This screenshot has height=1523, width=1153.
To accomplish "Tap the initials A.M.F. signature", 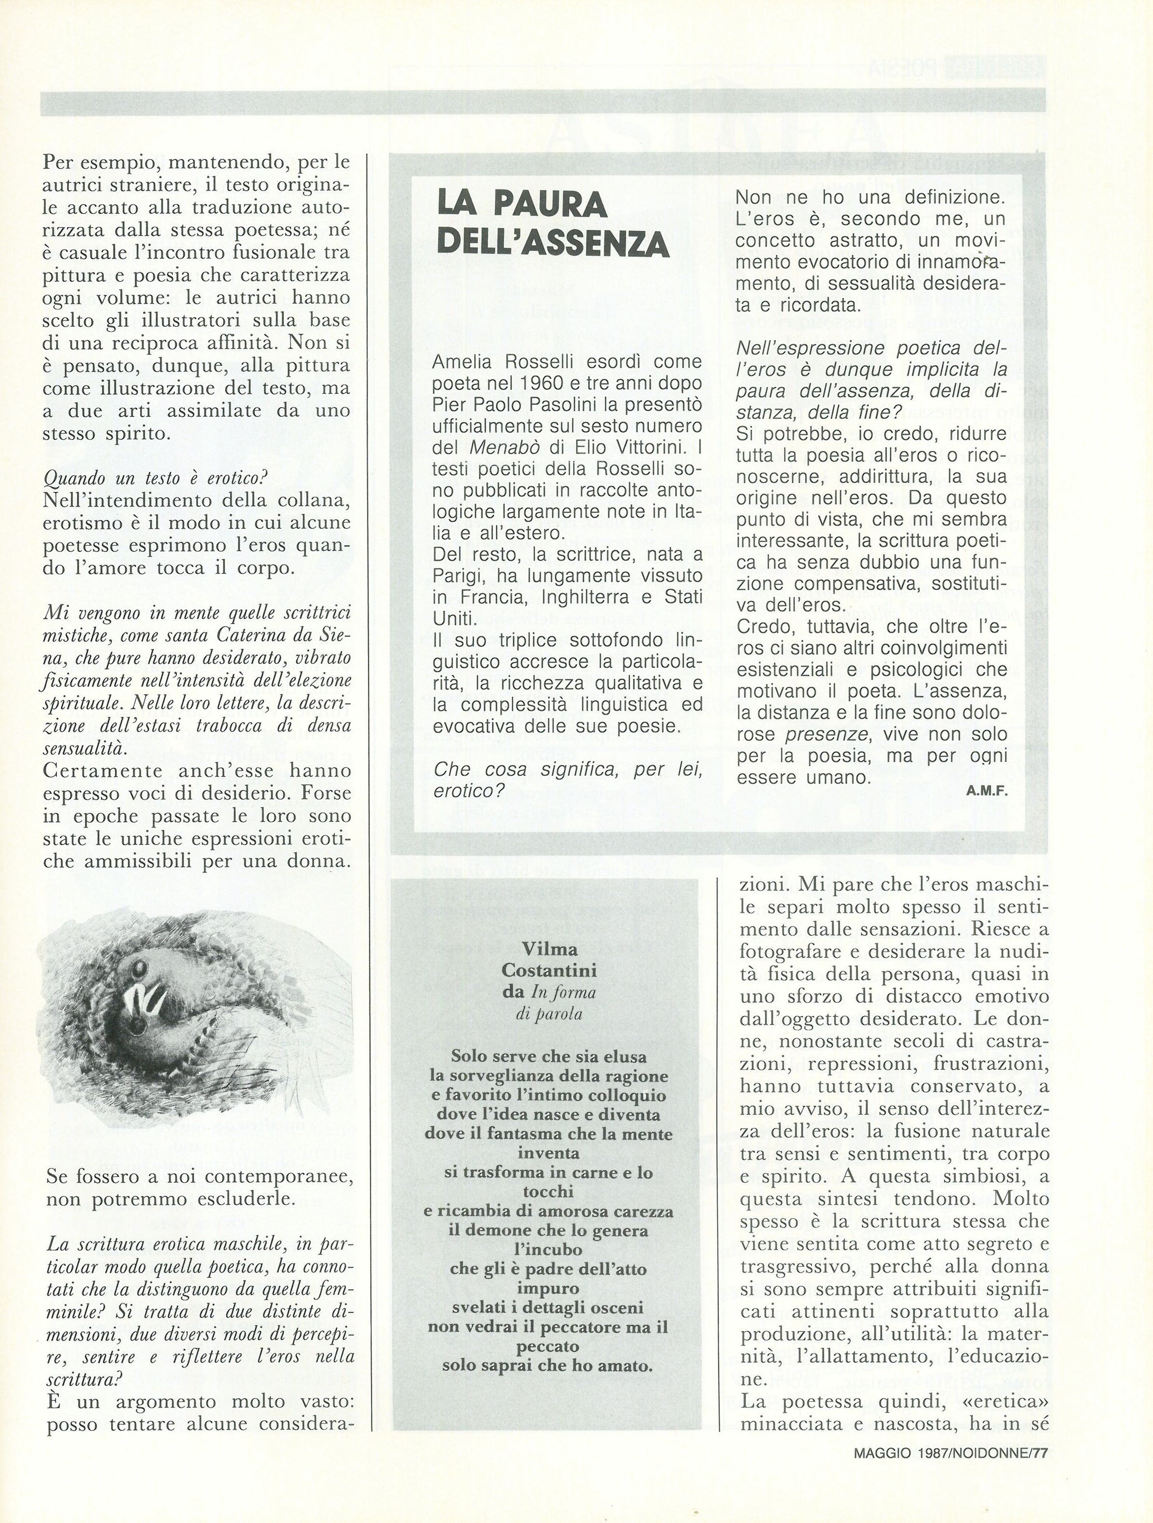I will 987,791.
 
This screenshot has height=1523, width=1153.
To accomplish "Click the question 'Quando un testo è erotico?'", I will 155,478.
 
